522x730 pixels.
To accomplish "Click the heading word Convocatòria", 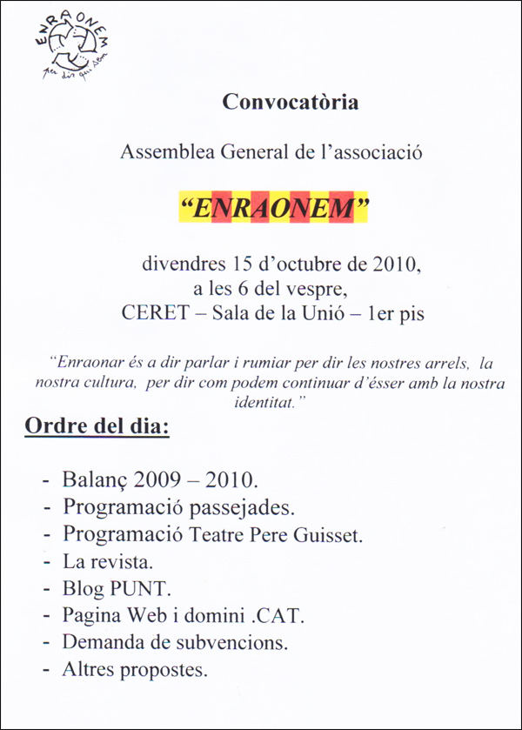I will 291,102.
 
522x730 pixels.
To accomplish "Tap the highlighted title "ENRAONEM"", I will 274,210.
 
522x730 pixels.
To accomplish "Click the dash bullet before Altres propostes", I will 45,671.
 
